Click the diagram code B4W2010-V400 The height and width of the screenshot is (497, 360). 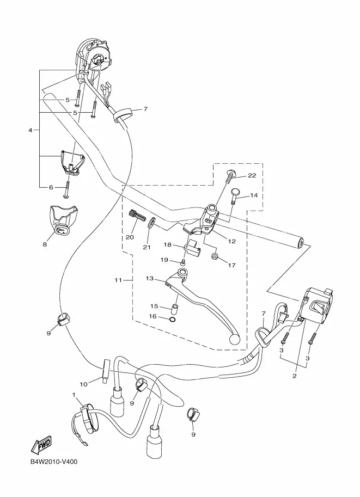[x=54, y=462]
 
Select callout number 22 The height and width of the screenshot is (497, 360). [x=252, y=175]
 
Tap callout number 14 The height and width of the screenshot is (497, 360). [x=254, y=195]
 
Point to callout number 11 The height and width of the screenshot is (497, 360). [x=118, y=280]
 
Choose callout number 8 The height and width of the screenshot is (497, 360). [x=45, y=244]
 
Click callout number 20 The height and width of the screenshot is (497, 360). [x=130, y=237]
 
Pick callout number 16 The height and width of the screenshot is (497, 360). [x=153, y=316]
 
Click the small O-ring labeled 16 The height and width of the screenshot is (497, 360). [x=172, y=319]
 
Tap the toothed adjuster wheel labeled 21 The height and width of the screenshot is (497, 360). [x=151, y=223]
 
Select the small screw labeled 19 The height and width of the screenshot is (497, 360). [x=182, y=262]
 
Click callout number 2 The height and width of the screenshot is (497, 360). [x=294, y=376]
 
